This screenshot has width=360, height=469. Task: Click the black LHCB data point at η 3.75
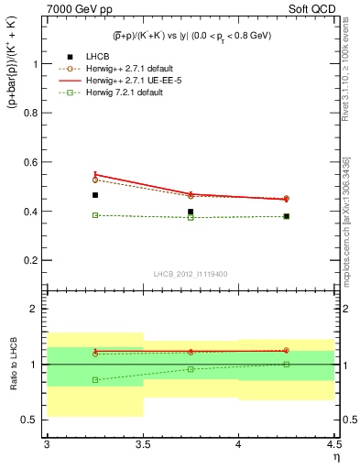point(191,212)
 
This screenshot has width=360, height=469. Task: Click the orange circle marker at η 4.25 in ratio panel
point(286,350)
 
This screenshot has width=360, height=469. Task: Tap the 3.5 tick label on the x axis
point(142,444)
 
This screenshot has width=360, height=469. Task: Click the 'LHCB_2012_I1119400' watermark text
point(191,273)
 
